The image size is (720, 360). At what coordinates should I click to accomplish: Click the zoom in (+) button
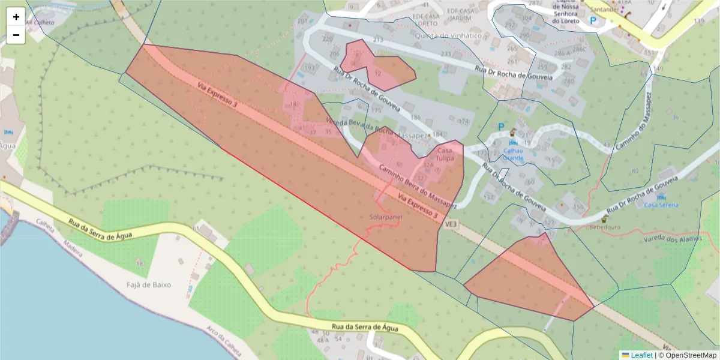tap(16, 17)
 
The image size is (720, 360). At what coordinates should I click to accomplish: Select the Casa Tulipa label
tap(445, 154)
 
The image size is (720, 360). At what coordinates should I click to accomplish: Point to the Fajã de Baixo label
tap(149, 284)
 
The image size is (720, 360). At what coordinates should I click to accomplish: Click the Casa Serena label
tap(661, 205)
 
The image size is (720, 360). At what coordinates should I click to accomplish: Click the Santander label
tap(605, 10)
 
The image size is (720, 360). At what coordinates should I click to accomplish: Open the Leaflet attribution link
tap(641, 355)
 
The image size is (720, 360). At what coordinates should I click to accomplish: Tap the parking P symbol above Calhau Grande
tap(501, 127)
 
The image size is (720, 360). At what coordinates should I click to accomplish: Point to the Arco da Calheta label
tap(220, 340)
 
